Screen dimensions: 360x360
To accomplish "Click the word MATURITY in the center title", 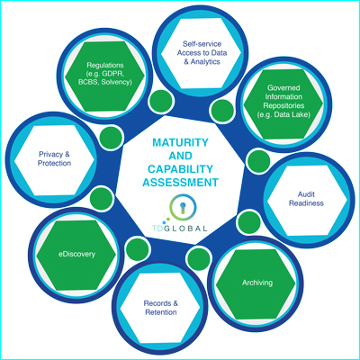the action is click(x=180, y=142).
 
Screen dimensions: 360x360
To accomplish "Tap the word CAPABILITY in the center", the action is click(x=180, y=169).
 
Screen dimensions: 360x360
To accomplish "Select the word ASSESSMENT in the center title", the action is click(x=180, y=182).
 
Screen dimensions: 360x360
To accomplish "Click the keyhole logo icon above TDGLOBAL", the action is click(x=183, y=207).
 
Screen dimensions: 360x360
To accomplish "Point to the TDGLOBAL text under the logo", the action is click(x=179, y=229).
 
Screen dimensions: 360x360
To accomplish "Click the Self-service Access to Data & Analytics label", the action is click(x=202, y=53).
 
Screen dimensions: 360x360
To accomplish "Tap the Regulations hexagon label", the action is click(x=105, y=74).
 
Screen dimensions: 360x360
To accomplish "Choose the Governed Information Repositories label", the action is click(x=283, y=101).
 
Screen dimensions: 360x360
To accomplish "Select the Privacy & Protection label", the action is click(x=54, y=158).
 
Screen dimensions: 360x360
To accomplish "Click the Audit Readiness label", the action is click(x=306, y=199).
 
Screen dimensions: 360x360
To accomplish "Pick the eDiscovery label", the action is click(x=76, y=254).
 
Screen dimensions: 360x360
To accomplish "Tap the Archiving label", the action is click(x=257, y=283).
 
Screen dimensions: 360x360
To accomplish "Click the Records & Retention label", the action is click(x=161, y=308).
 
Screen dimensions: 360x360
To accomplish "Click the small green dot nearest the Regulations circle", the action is click(x=161, y=101).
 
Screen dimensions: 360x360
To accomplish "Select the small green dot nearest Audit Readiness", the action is click(x=258, y=162).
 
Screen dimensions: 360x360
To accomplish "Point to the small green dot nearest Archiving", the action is click(x=249, y=222).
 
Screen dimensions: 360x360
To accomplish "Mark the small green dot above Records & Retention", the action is click(x=137, y=249).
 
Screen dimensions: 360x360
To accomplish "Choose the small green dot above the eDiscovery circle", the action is click(x=101, y=198).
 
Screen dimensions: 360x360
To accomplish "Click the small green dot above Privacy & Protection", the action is click(x=111, y=138).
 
